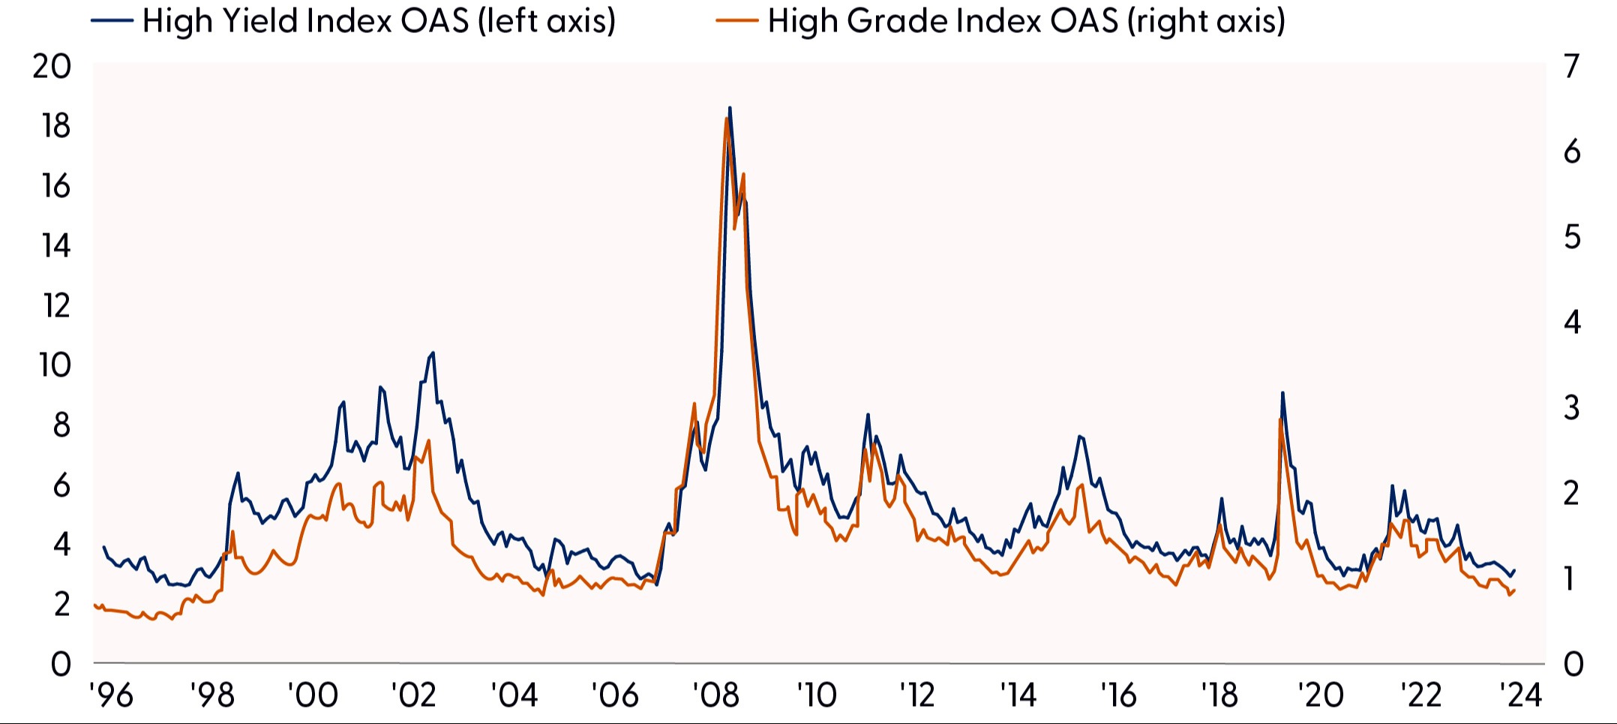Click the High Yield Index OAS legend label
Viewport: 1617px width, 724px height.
pyautogui.click(x=379, y=21)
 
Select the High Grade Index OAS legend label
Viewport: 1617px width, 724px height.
pyautogui.click(x=1026, y=21)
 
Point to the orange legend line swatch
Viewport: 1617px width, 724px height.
pyautogui.click(x=738, y=21)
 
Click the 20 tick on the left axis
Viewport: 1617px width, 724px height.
pyautogui.click(x=52, y=67)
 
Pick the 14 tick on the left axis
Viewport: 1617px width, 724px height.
pyautogui.click(x=55, y=246)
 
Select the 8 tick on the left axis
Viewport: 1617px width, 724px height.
pyautogui.click(x=61, y=425)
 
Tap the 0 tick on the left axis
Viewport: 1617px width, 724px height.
pyautogui.click(x=61, y=664)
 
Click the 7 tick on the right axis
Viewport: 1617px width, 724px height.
pyautogui.click(x=1572, y=67)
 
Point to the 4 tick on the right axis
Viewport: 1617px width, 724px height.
pyautogui.click(x=1572, y=323)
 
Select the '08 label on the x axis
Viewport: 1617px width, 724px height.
pyautogui.click(x=716, y=695)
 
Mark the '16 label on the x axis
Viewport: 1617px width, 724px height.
pyautogui.click(x=1118, y=695)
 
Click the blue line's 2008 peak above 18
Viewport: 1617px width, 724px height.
pyautogui.click(x=730, y=108)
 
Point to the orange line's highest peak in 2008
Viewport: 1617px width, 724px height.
pyautogui.click(x=726, y=119)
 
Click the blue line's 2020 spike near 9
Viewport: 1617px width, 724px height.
pyautogui.click(x=1282, y=392)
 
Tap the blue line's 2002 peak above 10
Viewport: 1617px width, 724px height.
pyautogui.click(x=433, y=353)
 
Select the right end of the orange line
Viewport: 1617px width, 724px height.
pyautogui.click(x=1514, y=590)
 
